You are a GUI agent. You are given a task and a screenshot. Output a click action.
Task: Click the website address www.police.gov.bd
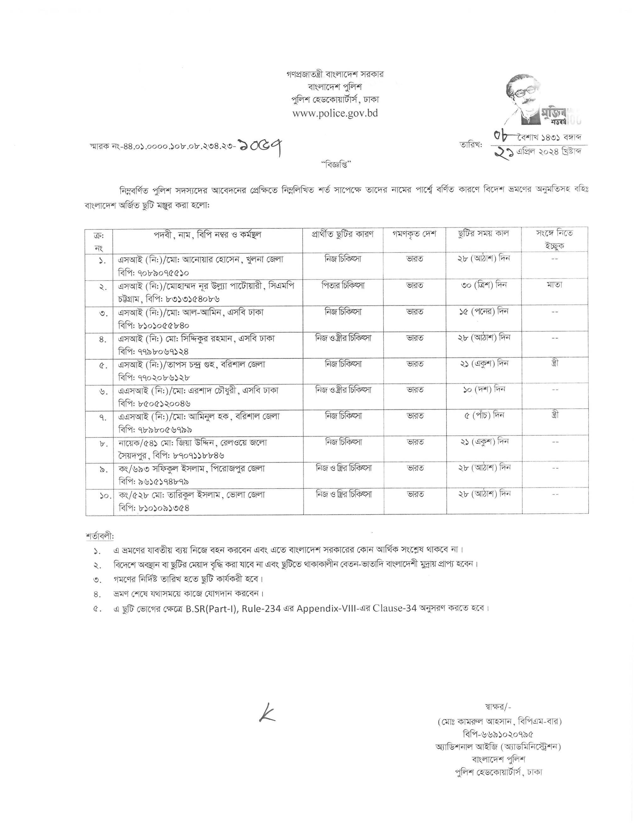click(335, 113)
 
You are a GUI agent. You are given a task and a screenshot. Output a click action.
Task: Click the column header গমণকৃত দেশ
click(414, 234)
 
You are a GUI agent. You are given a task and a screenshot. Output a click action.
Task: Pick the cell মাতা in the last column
click(554, 285)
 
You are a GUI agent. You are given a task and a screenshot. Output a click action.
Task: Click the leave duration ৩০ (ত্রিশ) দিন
click(483, 285)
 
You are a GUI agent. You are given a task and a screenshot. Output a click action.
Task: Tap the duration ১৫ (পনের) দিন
click(483, 311)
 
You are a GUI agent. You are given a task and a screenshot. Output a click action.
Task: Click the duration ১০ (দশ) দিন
click(483, 390)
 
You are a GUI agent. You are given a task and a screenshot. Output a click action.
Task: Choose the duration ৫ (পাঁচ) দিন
click(483, 415)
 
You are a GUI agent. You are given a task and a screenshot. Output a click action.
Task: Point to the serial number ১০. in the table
click(100, 496)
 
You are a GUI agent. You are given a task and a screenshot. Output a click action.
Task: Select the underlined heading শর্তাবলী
click(100, 536)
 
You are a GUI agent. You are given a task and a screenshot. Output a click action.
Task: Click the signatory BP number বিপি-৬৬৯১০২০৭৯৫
click(498, 733)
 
